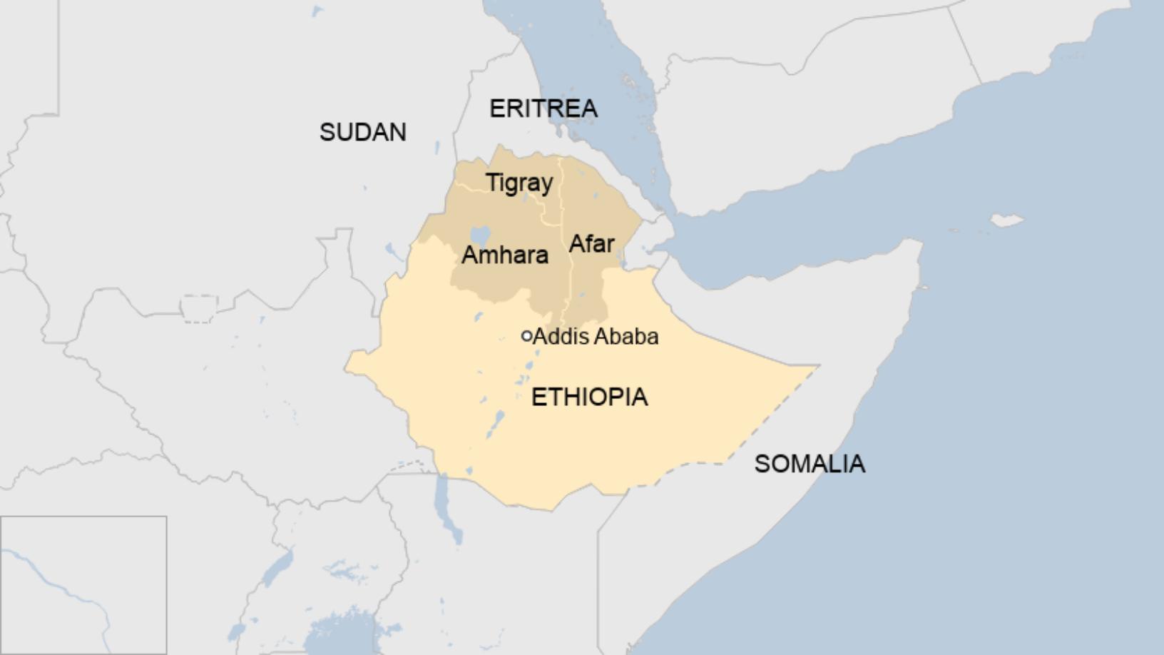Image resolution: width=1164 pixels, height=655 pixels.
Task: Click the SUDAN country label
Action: pos(362,132)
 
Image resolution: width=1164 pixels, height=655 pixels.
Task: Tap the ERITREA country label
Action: pos(543,108)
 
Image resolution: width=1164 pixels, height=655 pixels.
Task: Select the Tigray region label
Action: pos(519,183)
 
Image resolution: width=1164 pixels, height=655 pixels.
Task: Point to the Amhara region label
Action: pos(504,255)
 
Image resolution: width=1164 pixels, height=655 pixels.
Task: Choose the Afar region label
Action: pos(591,244)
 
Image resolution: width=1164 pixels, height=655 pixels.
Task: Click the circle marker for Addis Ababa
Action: pos(526,336)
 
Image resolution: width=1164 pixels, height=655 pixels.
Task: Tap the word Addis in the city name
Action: pos(557,336)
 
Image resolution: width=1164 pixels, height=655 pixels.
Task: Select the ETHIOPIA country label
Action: pos(589,397)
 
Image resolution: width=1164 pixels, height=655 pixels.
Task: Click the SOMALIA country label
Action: pos(810,464)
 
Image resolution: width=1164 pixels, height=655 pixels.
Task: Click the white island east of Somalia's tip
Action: pos(1006,220)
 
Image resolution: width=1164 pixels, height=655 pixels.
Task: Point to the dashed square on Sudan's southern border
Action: pos(199,309)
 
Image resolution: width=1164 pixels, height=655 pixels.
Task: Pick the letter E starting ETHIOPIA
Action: pos(538,397)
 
